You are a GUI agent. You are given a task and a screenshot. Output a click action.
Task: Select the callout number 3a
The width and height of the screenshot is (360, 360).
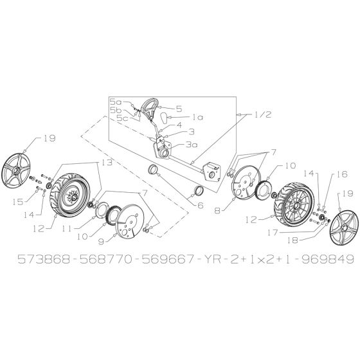(x=190, y=145)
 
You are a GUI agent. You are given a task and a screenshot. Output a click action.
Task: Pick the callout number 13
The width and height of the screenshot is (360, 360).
(x=105, y=164)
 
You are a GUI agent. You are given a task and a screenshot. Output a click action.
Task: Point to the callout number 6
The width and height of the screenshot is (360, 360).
(x=199, y=206)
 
